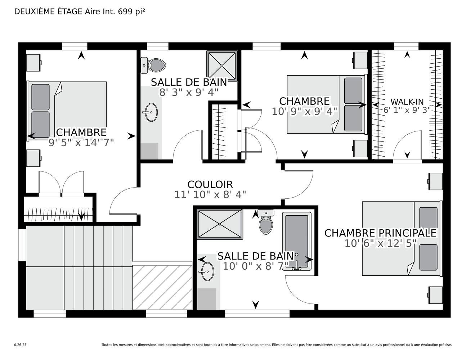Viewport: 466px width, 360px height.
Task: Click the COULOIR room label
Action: (210, 184)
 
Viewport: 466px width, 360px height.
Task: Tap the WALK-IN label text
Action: (407, 102)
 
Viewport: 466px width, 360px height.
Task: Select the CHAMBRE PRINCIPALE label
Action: (380, 233)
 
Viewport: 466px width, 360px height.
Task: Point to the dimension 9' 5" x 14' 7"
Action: (81, 143)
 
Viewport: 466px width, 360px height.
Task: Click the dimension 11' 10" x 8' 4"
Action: (210, 195)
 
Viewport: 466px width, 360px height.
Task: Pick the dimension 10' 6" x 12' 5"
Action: (380, 243)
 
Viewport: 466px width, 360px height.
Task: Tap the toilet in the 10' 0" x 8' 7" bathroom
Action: (266, 222)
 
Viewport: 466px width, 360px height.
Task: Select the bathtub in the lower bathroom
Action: (297, 241)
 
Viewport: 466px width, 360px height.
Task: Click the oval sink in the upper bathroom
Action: (151, 112)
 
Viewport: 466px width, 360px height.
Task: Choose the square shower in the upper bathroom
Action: (222, 66)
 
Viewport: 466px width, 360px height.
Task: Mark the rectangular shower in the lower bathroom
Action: (220, 224)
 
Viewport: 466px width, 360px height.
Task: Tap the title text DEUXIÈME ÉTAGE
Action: (48, 12)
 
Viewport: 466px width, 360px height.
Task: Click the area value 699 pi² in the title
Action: (131, 12)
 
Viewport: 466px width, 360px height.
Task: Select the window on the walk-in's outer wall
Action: (406, 46)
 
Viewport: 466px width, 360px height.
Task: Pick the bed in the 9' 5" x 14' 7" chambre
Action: (67, 111)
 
